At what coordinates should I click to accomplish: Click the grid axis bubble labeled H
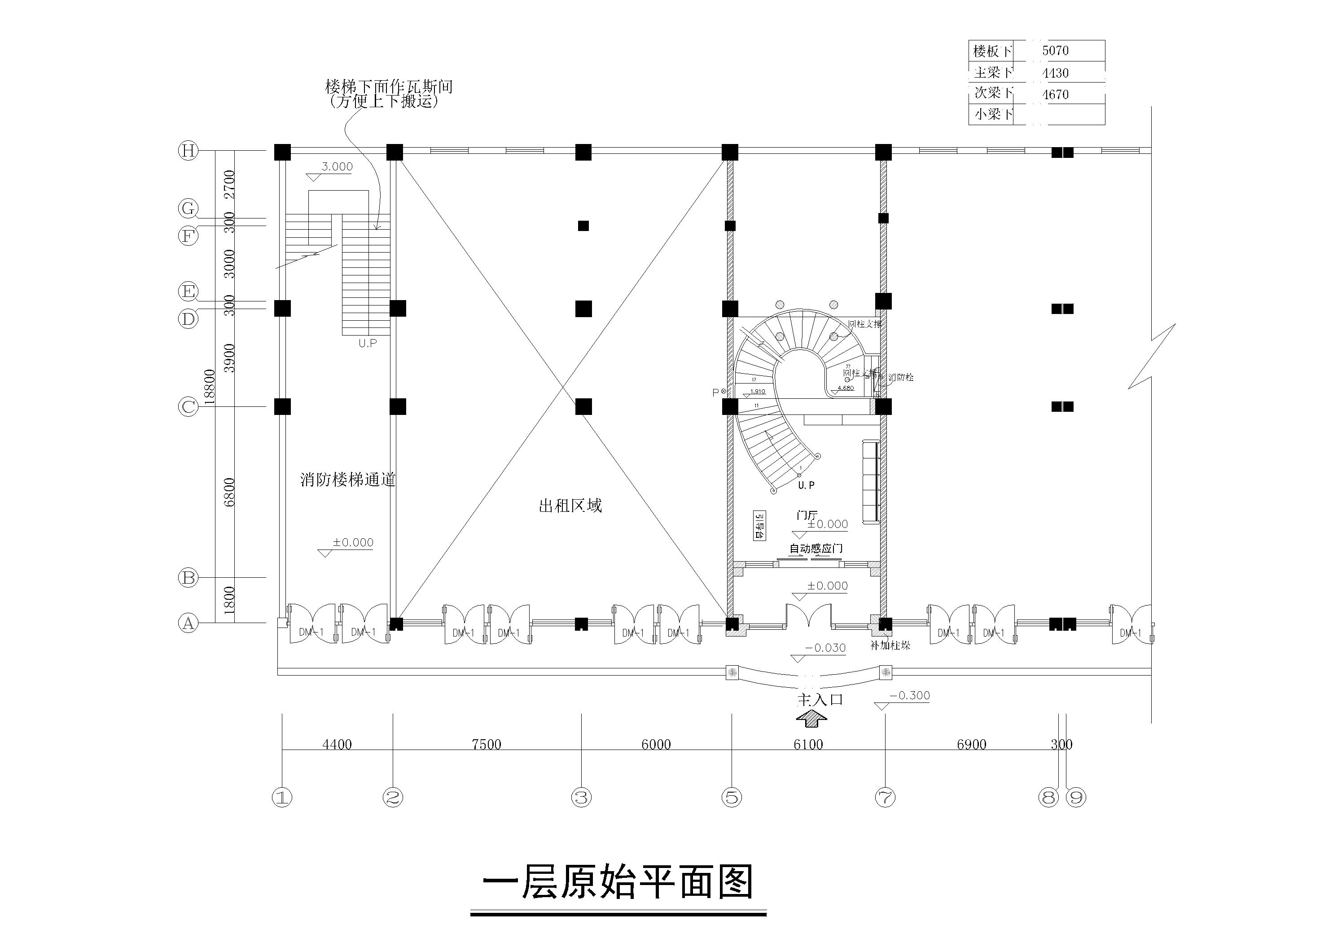pyautogui.click(x=188, y=151)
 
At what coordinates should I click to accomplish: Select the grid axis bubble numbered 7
pyautogui.click(x=885, y=798)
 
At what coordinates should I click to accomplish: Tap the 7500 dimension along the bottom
pyautogui.click(x=487, y=744)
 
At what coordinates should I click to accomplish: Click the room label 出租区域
pyautogui.click(x=570, y=506)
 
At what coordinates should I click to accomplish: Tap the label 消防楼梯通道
pyautogui.click(x=348, y=480)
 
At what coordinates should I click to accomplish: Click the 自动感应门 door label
pyautogui.click(x=816, y=548)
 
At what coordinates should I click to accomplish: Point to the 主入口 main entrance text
pyautogui.click(x=820, y=699)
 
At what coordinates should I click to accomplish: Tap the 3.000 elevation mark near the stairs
pyautogui.click(x=337, y=166)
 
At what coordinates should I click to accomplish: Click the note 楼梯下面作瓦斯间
pyautogui.click(x=388, y=87)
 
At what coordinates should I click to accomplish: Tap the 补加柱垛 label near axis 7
pyautogui.click(x=890, y=645)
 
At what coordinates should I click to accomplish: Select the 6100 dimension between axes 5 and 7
pyautogui.click(x=808, y=744)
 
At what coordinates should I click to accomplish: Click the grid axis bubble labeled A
pyautogui.click(x=188, y=624)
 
